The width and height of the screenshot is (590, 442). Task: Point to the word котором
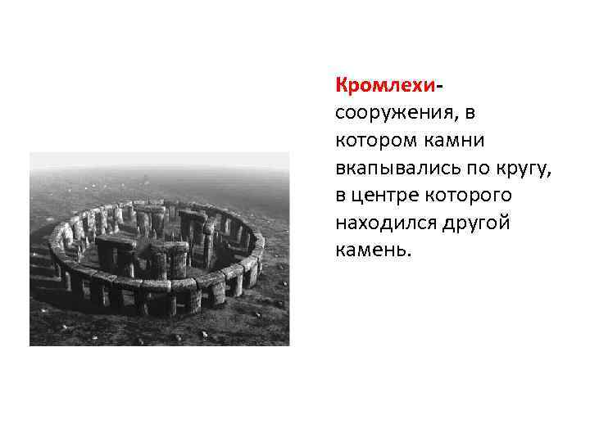pos(373,141)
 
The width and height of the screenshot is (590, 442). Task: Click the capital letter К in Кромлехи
pos(341,85)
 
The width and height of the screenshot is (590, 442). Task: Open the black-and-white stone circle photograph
pos(159,249)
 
